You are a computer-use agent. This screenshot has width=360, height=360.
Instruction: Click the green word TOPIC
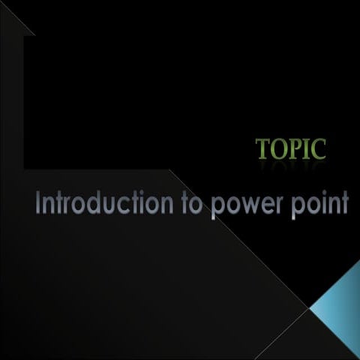pos(291,148)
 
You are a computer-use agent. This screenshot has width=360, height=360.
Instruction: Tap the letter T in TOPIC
pos(263,148)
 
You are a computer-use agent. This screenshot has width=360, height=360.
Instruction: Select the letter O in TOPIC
pos(278,148)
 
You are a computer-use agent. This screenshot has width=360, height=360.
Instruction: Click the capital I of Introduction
pos(38,202)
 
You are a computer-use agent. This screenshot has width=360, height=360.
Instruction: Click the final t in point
pos(346,203)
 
